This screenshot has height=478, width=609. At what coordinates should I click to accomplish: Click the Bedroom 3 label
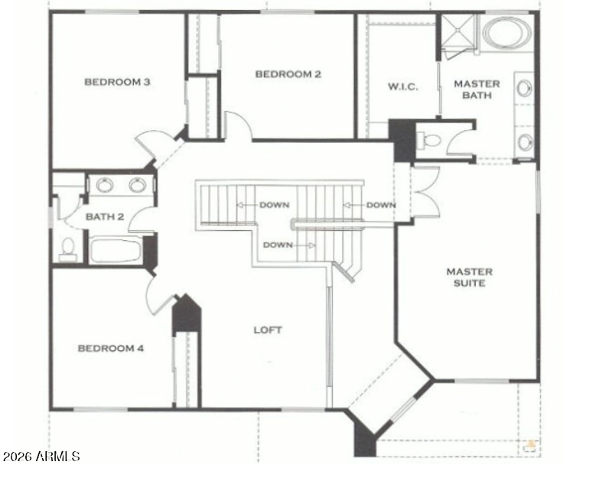point(117,82)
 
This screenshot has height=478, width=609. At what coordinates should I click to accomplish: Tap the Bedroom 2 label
point(288,74)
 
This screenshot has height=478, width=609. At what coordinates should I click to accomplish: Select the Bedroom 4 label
point(111,348)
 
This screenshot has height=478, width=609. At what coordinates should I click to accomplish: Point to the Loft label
point(268,330)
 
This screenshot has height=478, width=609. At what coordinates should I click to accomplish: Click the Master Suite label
point(470,278)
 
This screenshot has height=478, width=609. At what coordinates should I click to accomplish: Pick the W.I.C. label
point(403,86)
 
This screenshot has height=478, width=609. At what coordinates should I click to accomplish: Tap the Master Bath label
point(477,89)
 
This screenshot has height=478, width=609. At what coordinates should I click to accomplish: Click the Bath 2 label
point(105,216)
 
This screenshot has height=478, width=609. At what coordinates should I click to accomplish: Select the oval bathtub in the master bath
point(506,33)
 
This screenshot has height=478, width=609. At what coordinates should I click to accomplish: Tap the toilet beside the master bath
point(428,139)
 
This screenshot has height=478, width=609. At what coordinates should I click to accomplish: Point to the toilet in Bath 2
point(68,249)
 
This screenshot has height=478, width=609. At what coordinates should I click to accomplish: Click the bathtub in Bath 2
point(116,251)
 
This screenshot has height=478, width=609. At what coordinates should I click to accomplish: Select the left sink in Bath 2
point(105,185)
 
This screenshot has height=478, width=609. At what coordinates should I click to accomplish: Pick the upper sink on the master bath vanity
point(524,88)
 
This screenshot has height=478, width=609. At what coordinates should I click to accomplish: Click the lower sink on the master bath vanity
point(525,141)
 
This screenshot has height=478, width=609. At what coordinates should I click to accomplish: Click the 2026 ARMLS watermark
point(41,456)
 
